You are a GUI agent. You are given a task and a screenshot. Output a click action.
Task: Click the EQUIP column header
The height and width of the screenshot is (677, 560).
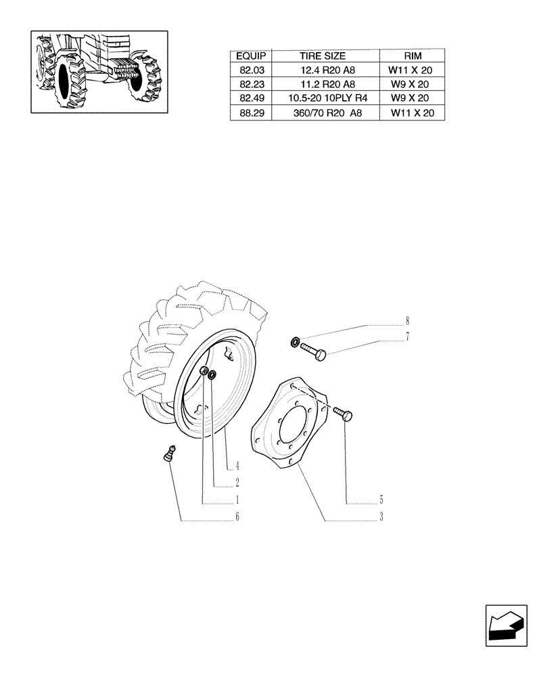tap(251, 56)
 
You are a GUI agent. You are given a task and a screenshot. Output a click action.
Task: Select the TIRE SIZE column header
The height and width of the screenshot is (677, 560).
tap(323, 56)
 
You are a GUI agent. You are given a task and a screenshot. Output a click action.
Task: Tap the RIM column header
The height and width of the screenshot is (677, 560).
tap(411, 56)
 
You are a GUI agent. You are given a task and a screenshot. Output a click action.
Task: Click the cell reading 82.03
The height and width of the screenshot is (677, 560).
tap(251, 70)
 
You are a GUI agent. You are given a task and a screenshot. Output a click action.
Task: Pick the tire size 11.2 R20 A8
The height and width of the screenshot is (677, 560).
tap(323, 85)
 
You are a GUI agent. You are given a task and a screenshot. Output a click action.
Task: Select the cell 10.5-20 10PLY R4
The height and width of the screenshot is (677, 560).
tap(323, 99)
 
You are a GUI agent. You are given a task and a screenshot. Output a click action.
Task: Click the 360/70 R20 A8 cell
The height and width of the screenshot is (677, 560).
tap(323, 114)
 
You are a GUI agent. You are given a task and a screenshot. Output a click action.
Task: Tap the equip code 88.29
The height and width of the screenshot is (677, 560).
tap(251, 114)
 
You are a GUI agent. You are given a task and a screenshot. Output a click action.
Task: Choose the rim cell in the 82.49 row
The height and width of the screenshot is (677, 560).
tap(411, 99)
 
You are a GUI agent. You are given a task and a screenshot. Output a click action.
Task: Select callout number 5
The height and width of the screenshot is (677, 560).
tap(381, 500)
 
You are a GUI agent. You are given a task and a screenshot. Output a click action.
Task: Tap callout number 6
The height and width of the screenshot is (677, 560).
tap(238, 518)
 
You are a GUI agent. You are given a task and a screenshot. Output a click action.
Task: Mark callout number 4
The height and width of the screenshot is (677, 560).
tap(238, 466)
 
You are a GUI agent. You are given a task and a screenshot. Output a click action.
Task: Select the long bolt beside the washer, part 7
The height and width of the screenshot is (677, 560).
tap(314, 351)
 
